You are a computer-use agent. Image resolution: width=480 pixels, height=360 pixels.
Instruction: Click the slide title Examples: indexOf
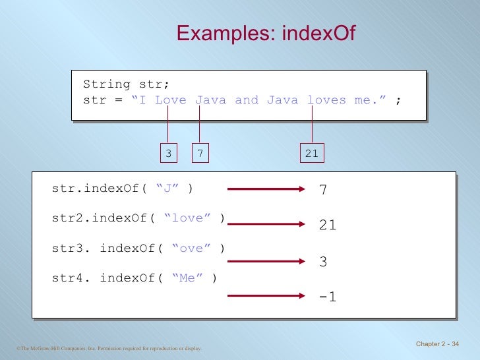pos(266,33)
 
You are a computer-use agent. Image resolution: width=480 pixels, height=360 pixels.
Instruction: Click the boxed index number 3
pos(168,154)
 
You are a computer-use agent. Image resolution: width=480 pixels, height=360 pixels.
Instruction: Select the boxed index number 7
pos(200,154)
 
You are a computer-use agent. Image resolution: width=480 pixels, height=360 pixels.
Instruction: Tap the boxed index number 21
pos(312,154)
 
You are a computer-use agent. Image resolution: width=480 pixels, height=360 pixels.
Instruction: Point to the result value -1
pos(327,297)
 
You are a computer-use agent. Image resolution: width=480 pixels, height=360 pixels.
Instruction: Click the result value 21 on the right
pos(328,225)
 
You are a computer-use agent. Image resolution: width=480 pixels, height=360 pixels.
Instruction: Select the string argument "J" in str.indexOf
pos(168,189)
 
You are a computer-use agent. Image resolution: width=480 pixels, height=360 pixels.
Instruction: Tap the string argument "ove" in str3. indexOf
pos(191,249)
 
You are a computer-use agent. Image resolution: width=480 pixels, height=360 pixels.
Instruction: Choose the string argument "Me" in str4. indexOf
pos(188,278)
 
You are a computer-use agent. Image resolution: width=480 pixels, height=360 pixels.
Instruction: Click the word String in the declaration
pos(107,84)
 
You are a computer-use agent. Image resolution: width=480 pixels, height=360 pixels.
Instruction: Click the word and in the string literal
pos(247,100)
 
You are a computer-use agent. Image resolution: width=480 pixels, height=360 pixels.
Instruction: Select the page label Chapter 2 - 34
pos(438,345)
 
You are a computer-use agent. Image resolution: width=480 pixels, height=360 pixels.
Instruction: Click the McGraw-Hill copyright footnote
pos(107,347)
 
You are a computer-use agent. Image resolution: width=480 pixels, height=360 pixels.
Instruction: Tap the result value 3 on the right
pos(323,262)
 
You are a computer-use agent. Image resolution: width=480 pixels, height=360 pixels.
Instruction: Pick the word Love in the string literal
pos(171,100)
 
